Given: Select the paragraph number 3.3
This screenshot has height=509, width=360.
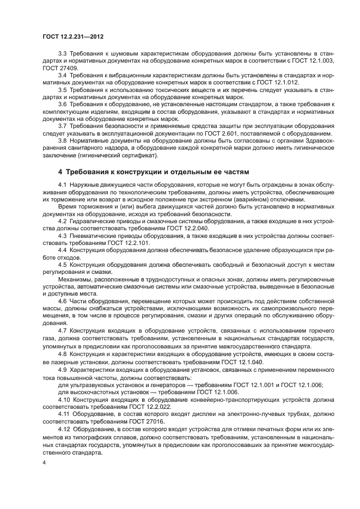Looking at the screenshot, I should (62, 52).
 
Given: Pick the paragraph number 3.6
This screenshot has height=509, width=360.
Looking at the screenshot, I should (62, 104).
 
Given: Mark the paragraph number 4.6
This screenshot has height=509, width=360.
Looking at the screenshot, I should (62, 301).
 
